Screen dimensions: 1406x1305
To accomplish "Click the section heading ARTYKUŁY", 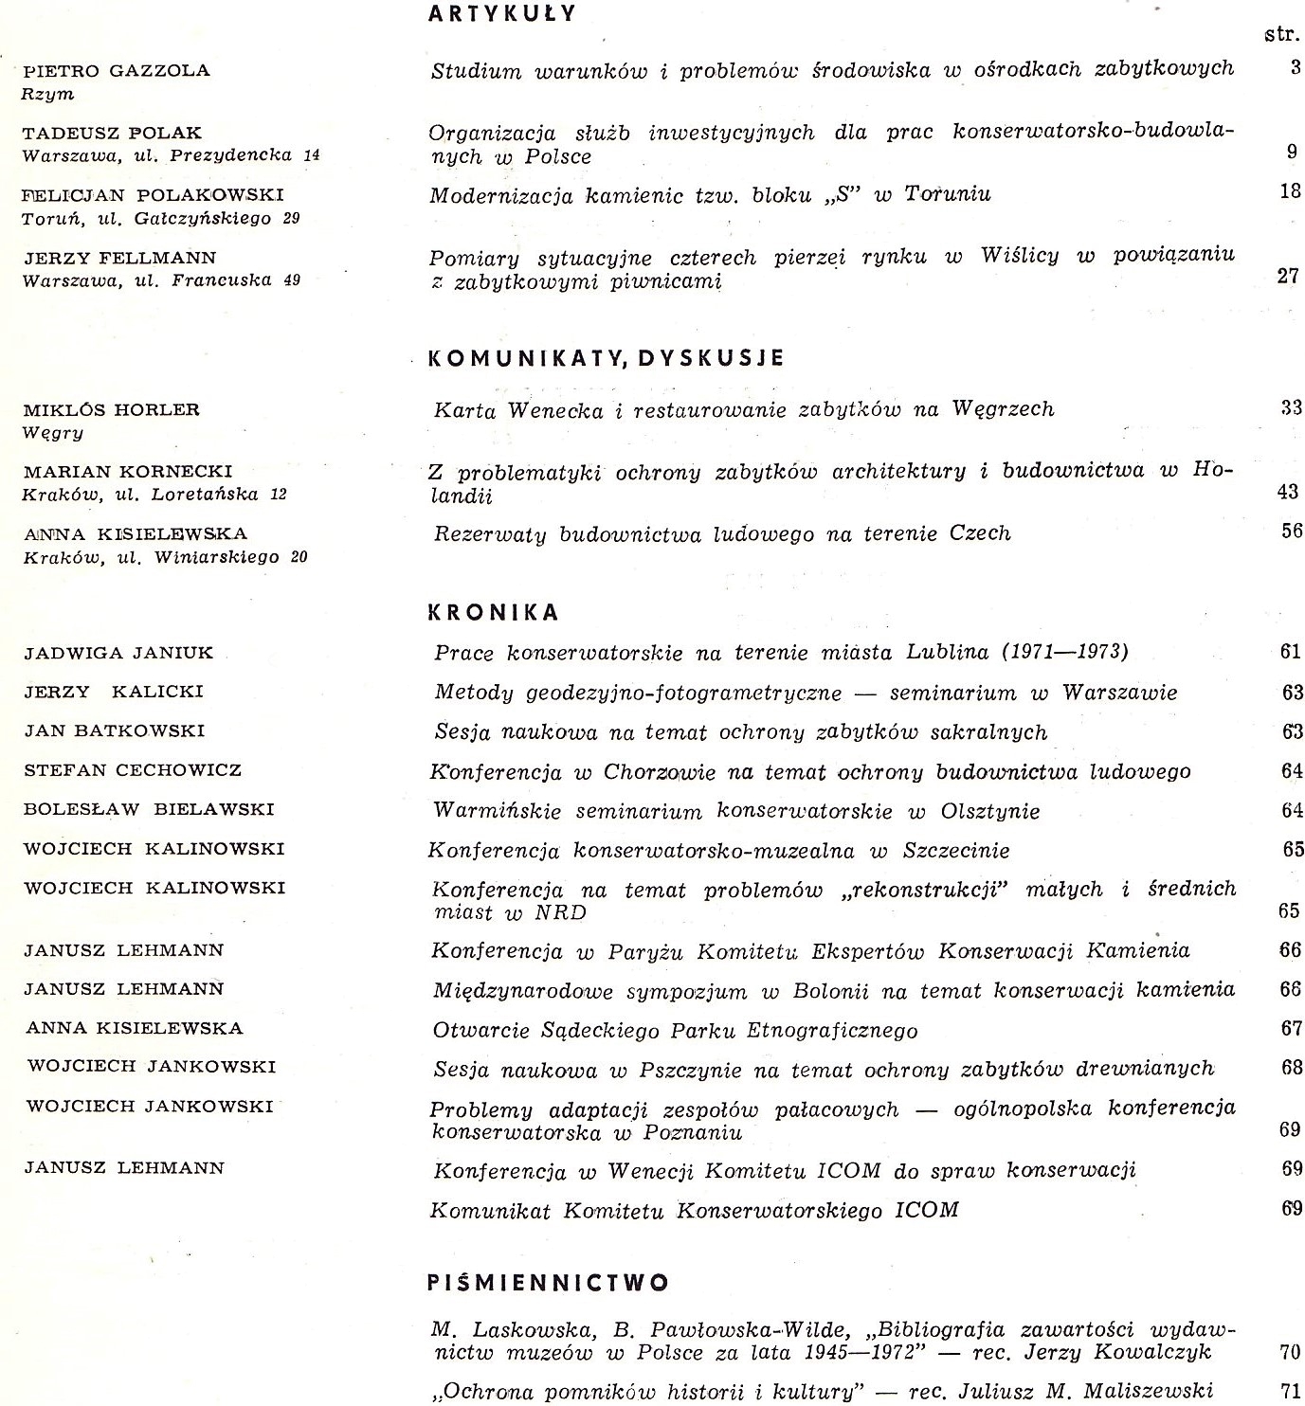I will (502, 13).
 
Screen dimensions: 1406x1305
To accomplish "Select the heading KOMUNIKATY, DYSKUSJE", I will (607, 358).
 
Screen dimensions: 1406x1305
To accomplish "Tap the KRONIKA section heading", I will (494, 612).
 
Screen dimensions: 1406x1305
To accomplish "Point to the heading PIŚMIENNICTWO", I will (549, 1283).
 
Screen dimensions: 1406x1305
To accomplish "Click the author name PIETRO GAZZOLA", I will (116, 70).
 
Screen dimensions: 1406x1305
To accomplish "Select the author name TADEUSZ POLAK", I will (112, 133).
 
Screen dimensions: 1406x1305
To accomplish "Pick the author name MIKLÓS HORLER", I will (111, 410).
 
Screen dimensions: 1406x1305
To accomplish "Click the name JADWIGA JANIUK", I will (118, 653).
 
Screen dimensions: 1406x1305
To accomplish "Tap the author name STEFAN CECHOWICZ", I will (132, 770).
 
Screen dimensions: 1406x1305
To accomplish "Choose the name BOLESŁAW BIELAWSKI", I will (148, 809).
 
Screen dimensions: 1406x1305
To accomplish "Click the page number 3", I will (1295, 68).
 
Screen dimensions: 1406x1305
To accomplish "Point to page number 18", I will (1290, 191).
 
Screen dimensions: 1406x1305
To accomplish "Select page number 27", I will (1288, 277).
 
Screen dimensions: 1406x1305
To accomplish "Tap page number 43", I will (1289, 492).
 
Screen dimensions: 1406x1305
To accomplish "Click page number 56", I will (1291, 531).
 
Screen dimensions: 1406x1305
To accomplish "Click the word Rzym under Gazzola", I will (47, 94).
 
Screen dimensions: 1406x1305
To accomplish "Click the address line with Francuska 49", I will (161, 280).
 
